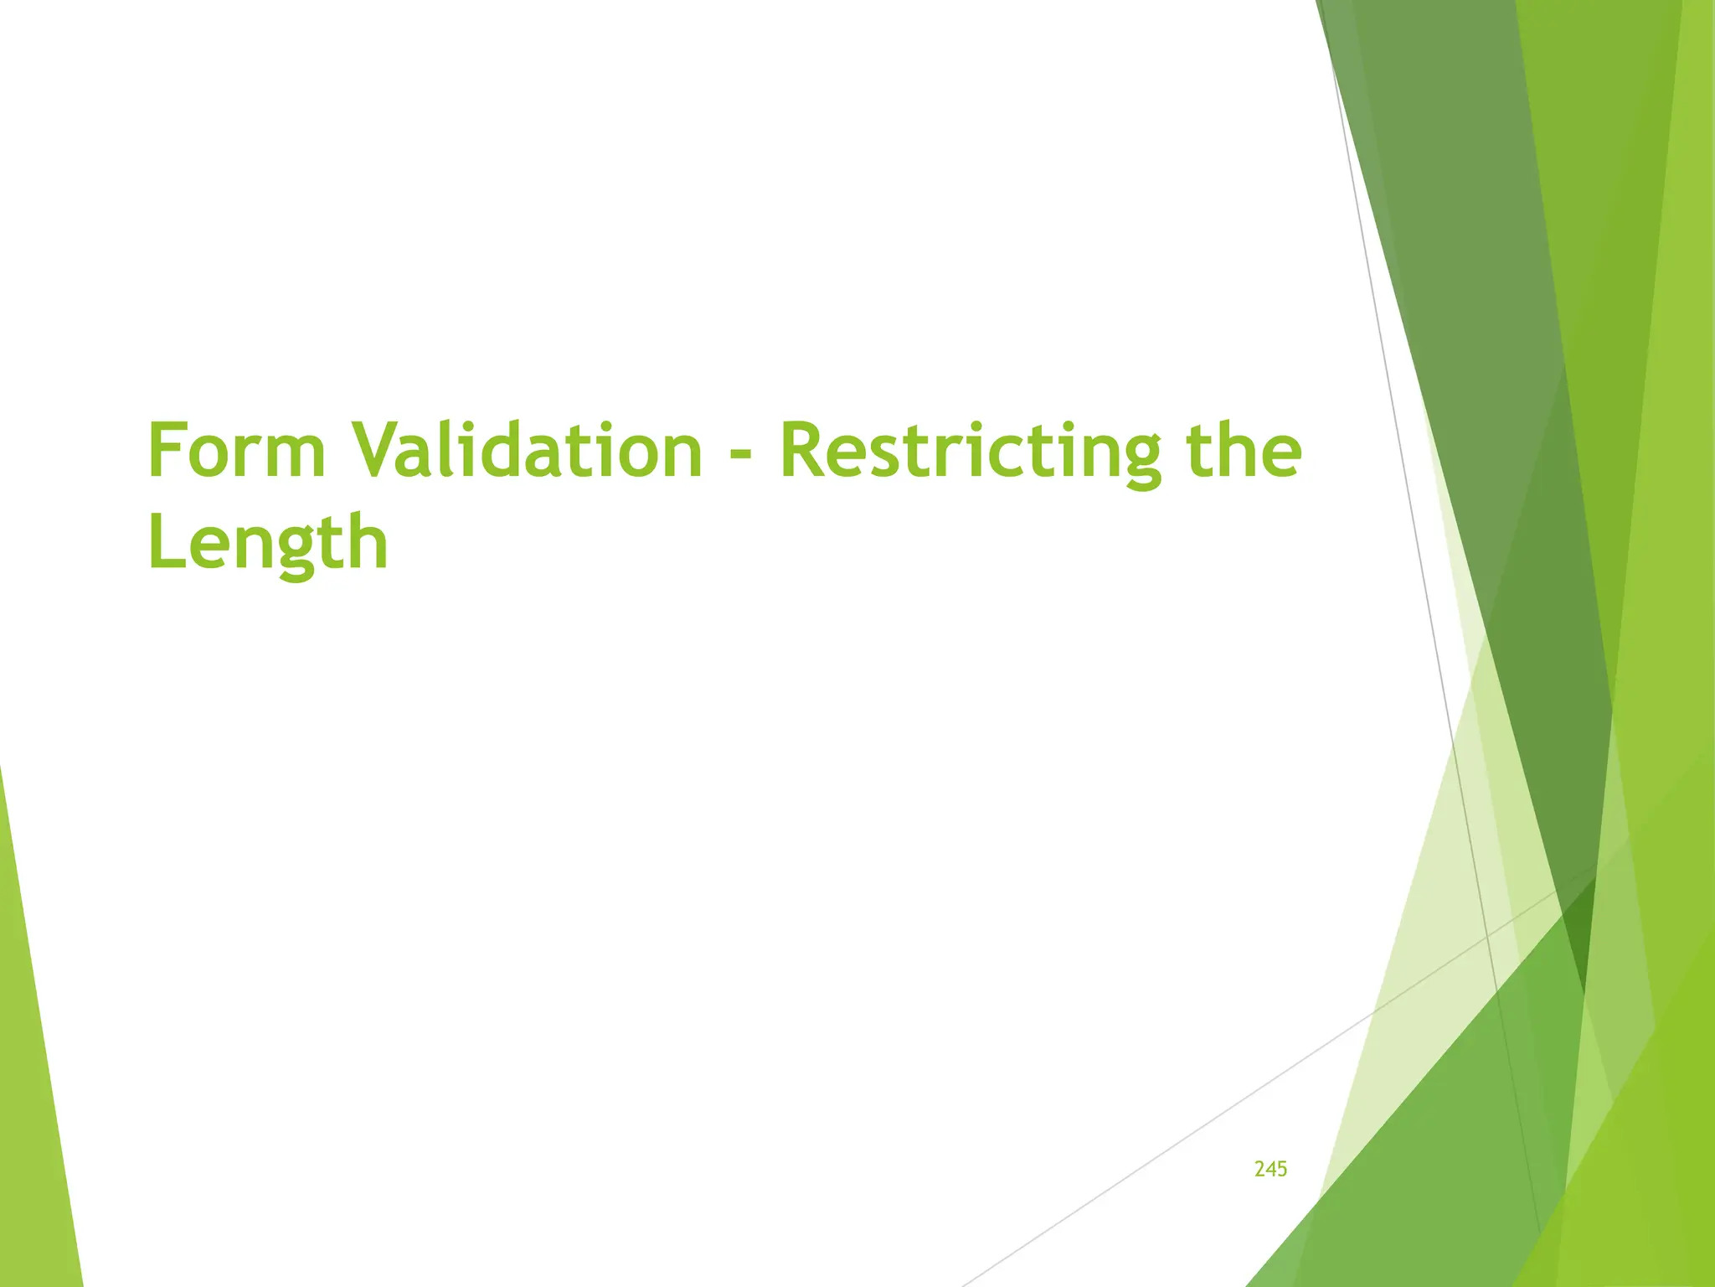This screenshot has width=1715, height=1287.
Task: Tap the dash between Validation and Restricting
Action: click(740, 457)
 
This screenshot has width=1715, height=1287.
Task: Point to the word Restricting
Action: click(970, 452)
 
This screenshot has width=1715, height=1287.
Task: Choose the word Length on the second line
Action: click(268, 543)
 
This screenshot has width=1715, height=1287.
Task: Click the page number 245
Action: click(1270, 1169)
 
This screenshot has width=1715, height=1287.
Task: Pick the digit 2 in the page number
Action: click(1260, 1169)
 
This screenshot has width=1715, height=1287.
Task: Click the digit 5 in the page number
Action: click(1282, 1169)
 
